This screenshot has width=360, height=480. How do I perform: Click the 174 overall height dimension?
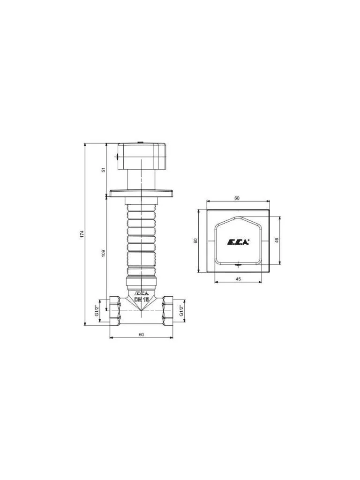tap(82, 234)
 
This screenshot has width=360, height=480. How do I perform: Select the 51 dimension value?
tap(104, 169)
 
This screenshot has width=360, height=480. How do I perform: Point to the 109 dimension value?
tap(104, 253)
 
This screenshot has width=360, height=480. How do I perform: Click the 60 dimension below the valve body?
tap(141, 335)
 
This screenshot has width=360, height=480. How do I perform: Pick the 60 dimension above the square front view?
tap(237, 198)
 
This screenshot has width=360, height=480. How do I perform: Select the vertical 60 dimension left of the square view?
tap(195, 240)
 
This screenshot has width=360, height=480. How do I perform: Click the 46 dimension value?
tap(277, 240)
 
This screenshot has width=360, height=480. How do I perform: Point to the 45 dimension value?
tap(239, 279)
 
